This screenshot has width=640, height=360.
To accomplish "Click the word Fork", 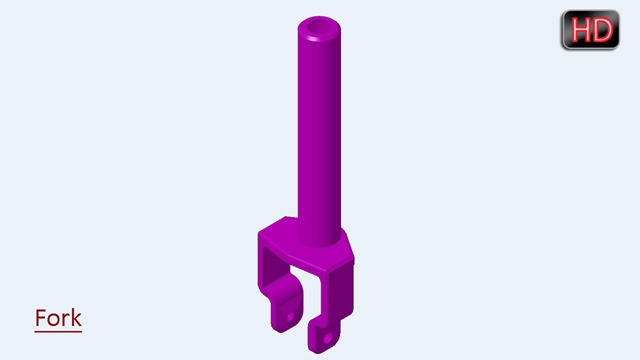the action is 58,318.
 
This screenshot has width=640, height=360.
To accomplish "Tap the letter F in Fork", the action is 40,318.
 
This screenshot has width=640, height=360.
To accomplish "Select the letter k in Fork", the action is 76,318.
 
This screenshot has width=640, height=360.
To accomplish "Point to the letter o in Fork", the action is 52,320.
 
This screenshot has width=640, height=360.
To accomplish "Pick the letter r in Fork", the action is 65,320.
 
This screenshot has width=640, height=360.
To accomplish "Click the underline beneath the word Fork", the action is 58,331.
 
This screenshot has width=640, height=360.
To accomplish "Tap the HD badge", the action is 590,30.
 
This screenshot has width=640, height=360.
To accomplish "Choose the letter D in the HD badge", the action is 603,30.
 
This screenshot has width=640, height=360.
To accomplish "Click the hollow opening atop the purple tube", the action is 319,27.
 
